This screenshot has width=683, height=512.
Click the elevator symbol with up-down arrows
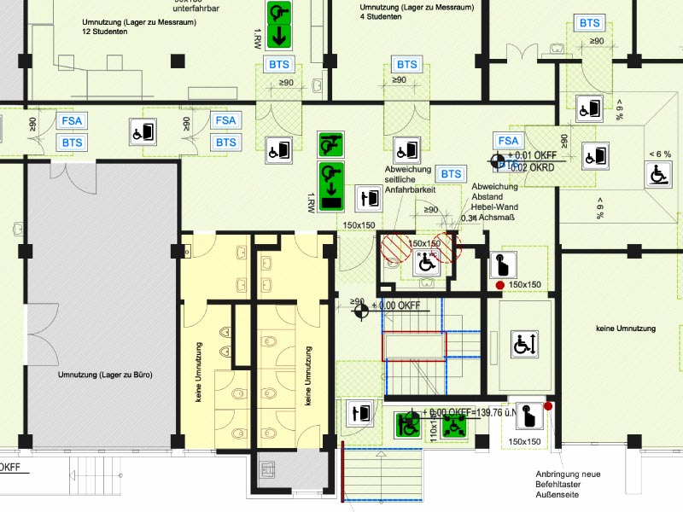pos(523,345)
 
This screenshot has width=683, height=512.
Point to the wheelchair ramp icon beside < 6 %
pos(659,173)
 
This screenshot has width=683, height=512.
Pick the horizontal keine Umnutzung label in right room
pos(626,329)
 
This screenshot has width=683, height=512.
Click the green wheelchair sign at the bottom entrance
pos(408,424)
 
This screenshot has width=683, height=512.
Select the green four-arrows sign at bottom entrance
pos(453,425)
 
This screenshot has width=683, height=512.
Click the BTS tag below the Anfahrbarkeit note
pos(450,174)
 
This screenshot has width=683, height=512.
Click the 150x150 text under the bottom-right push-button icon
pos(524,441)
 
